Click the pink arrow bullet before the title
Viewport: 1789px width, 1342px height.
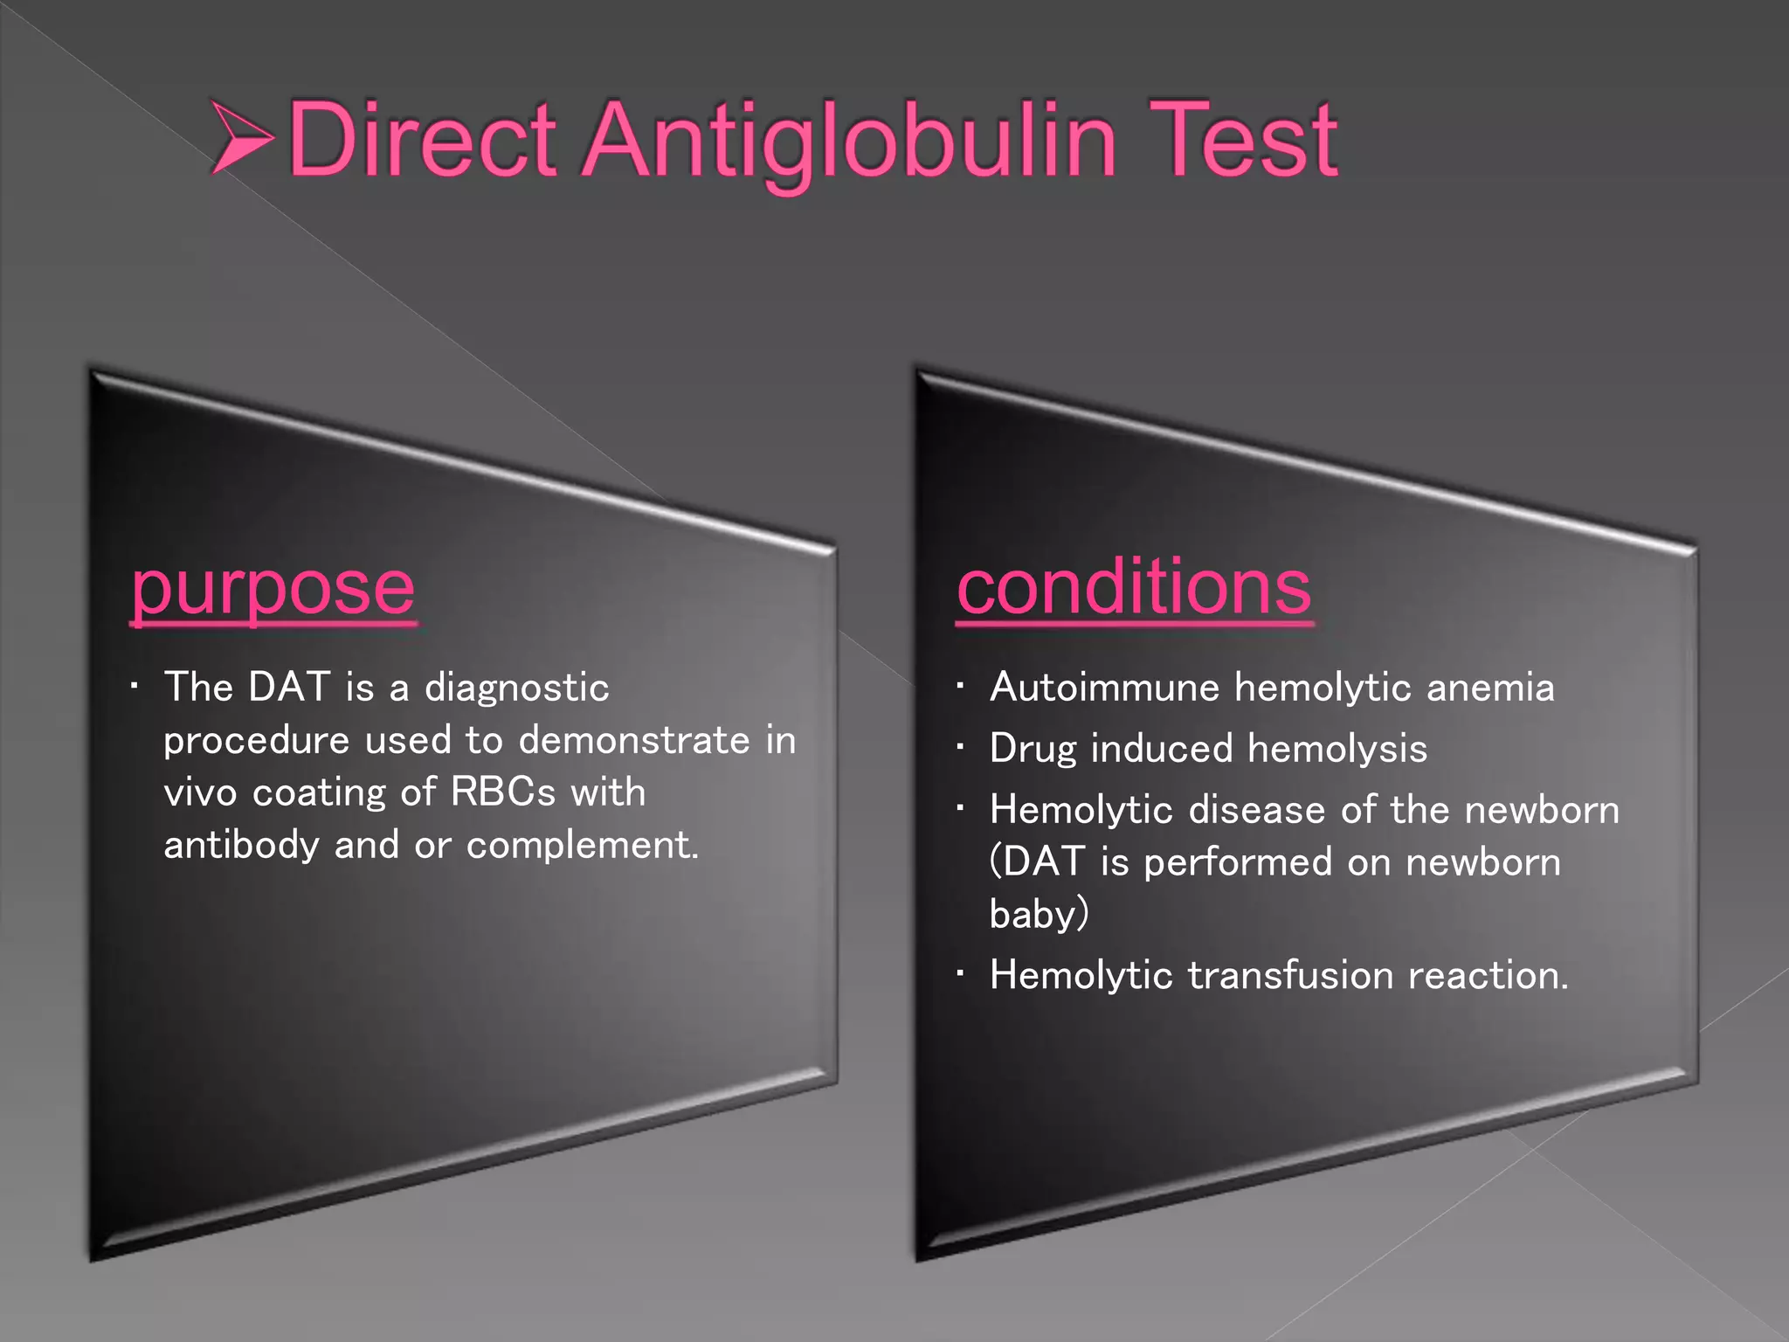point(243,137)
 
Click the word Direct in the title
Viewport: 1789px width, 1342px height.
point(422,140)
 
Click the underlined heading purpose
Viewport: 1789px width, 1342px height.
point(273,591)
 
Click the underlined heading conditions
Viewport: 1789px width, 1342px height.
point(1134,587)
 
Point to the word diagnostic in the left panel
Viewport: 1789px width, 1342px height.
point(516,688)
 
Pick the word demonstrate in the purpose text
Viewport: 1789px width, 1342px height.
point(634,741)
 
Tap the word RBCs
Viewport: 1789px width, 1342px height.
point(503,792)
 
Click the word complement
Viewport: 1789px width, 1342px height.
point(583,846)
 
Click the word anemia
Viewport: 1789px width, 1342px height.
point(1490,688)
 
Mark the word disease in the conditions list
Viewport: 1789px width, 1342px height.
point(1258,810)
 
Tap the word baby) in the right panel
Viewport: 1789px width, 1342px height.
point(1039,915)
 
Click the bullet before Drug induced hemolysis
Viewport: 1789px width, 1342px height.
point(960,748)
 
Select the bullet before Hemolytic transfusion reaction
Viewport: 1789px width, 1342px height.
point(960,974)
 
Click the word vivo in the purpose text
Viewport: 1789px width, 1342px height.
point(200,793)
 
